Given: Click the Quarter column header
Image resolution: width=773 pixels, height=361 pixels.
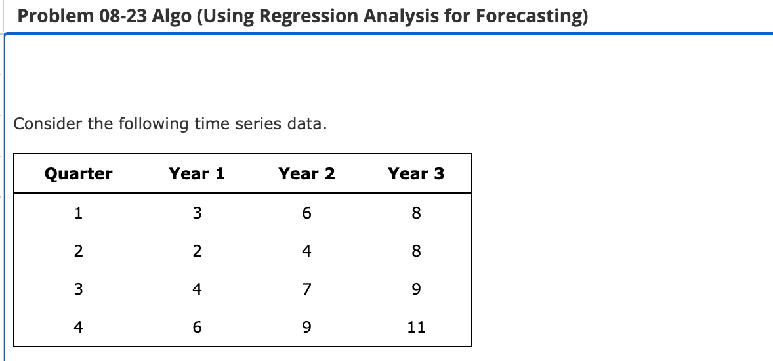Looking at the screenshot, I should point(78,174).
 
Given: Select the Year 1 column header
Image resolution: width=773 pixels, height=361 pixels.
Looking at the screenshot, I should point(197,174).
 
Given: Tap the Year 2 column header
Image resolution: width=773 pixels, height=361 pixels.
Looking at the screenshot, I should point(306,174).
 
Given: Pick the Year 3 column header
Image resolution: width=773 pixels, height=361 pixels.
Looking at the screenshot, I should point(416,174).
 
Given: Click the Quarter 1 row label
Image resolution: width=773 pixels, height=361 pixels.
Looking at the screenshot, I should point(78,213).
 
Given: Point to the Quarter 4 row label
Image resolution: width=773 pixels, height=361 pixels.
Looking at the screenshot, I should point(78,327).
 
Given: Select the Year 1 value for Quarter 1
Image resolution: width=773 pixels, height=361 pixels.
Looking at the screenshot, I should point(197,213).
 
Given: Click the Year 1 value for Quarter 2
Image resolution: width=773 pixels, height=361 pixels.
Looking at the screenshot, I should point(197,251).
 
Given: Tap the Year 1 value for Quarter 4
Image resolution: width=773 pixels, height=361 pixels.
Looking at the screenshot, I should point(197,327).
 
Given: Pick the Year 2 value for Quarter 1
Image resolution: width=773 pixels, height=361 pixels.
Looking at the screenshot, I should point(306,213).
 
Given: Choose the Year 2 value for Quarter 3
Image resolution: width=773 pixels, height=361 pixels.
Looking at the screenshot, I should point(306,289).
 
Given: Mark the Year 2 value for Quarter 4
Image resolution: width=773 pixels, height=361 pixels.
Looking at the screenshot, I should point(306,327).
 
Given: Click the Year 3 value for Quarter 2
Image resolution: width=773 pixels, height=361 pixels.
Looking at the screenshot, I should point(416,251).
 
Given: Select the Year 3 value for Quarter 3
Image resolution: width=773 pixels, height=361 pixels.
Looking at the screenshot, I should point(416,289).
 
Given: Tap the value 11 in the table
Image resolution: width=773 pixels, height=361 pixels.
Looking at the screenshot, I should point(416,327).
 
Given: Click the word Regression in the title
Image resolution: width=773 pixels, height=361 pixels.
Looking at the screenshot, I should point(301,16).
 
